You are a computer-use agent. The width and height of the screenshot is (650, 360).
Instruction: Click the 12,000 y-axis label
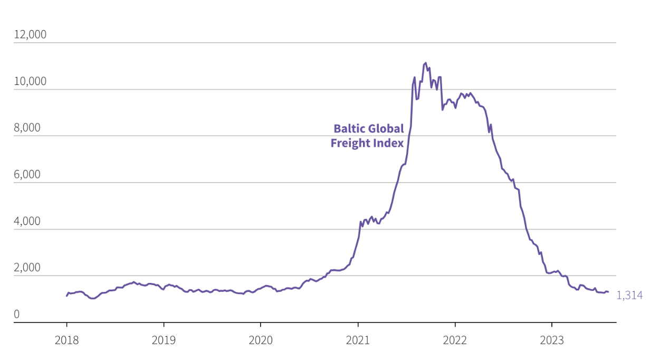tap(30, 35)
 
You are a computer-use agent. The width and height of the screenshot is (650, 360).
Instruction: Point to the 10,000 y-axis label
tap(30, 81)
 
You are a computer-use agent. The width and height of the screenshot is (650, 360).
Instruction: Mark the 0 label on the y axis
tap(16, 315)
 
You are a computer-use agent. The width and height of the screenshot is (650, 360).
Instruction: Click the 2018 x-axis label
tap(66, 340)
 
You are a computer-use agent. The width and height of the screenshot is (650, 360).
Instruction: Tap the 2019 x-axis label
tap(164, 340)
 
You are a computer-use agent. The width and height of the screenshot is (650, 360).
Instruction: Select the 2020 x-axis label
tap(261, 340)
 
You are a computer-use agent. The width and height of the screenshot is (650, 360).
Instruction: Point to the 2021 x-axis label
tap(358, 340)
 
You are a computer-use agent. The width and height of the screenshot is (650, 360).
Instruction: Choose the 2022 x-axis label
tap(455, 340)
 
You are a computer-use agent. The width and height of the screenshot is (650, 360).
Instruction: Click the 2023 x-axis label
tap(552, 340)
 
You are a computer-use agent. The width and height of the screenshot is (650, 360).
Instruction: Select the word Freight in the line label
tap(349, 143)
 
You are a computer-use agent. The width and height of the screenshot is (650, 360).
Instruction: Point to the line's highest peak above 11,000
tap(426, 63)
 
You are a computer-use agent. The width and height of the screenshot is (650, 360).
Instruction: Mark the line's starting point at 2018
tap(66, 296)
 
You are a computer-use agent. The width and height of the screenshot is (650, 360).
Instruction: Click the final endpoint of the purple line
tap(608, 292)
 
